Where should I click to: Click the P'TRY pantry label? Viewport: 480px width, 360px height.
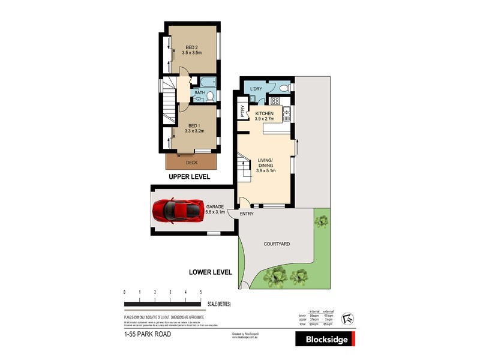point(243,112)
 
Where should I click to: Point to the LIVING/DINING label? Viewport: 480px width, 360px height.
point(265,165)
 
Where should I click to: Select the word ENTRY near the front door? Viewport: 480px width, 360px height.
point(247,214)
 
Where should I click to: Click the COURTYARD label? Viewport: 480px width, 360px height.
point(277,244)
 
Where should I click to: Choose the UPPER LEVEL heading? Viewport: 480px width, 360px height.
point(189,177)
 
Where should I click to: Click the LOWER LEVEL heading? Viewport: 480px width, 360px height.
point(210,272)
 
